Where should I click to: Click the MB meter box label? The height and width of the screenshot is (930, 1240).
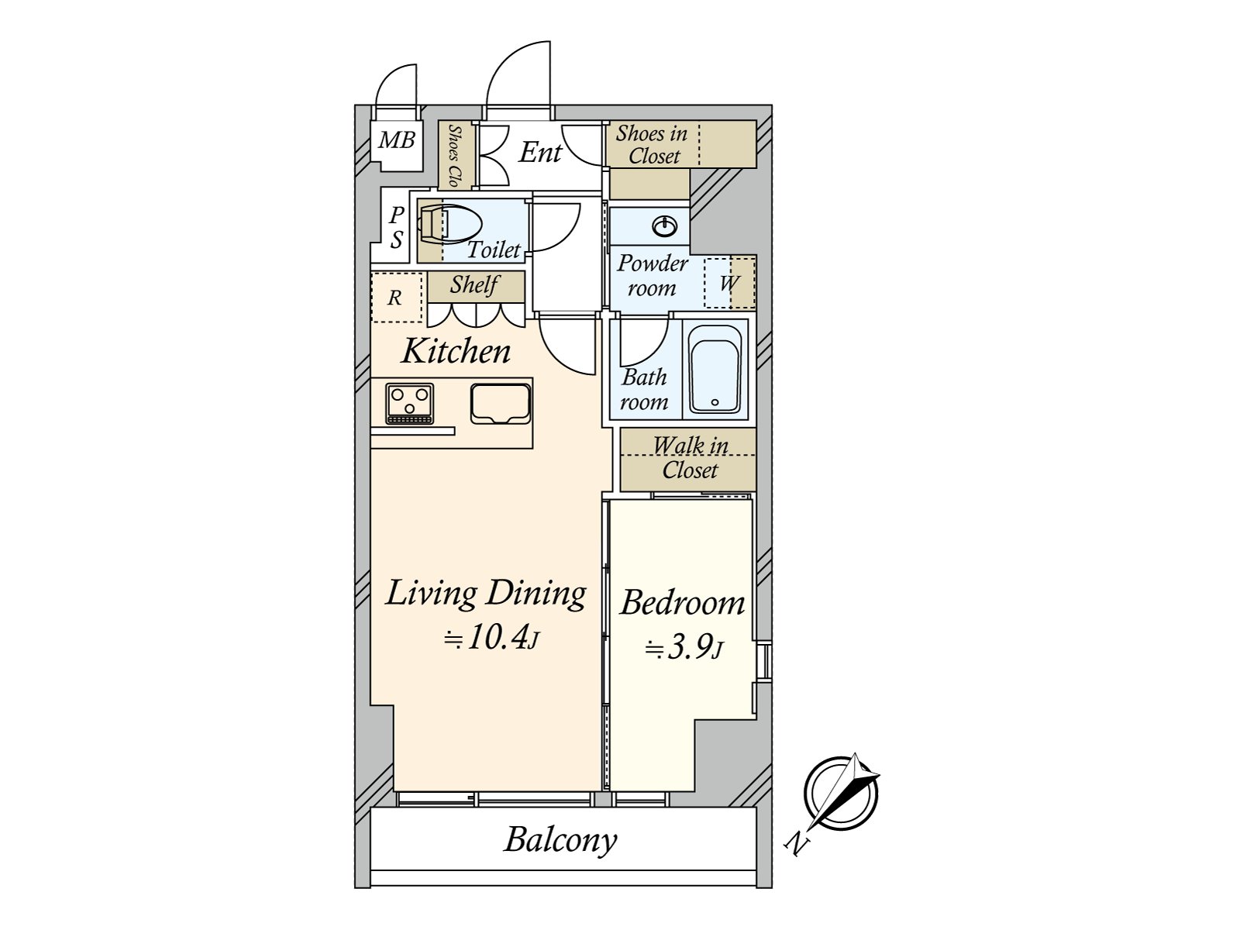397,139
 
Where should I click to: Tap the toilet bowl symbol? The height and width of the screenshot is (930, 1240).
449,224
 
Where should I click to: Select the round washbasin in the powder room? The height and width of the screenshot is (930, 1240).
665,227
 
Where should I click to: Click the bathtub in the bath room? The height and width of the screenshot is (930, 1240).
715,370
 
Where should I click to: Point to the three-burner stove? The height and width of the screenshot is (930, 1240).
409,403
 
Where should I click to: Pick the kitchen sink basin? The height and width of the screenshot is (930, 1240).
501,403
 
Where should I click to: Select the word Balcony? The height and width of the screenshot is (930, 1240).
560,841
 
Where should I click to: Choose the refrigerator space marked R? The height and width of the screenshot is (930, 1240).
396,298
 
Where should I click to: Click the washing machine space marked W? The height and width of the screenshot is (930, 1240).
729,282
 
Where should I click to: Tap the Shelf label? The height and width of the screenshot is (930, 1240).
474,284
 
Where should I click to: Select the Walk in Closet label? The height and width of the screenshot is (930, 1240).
690,458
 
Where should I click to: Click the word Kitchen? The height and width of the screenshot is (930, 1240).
456,351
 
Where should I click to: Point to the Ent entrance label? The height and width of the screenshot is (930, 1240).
540,152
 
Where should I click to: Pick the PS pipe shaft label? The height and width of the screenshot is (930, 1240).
397,227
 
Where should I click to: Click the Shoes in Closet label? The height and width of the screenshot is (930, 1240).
652,145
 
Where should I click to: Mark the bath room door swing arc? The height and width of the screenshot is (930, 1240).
653,351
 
